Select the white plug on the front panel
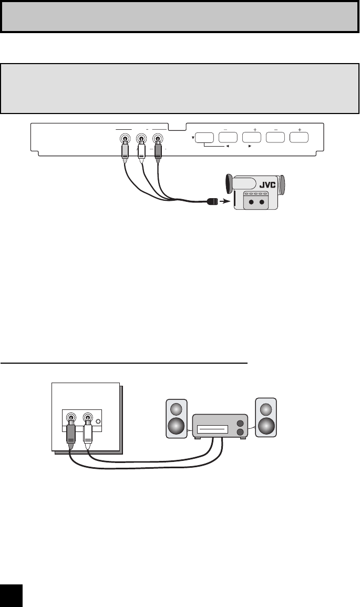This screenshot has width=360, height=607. tap(141, 151)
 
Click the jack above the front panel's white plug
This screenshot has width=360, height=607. tap(141, 140)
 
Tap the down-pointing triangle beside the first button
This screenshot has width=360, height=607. tap(193, 139)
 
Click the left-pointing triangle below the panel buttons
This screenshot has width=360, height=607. tap(227, 147)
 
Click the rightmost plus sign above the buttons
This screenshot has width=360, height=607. tap(300, 128)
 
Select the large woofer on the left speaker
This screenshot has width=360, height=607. tap(177, 425)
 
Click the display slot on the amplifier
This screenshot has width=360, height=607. tap(212, 429)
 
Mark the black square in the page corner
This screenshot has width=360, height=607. tap(11, 595)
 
